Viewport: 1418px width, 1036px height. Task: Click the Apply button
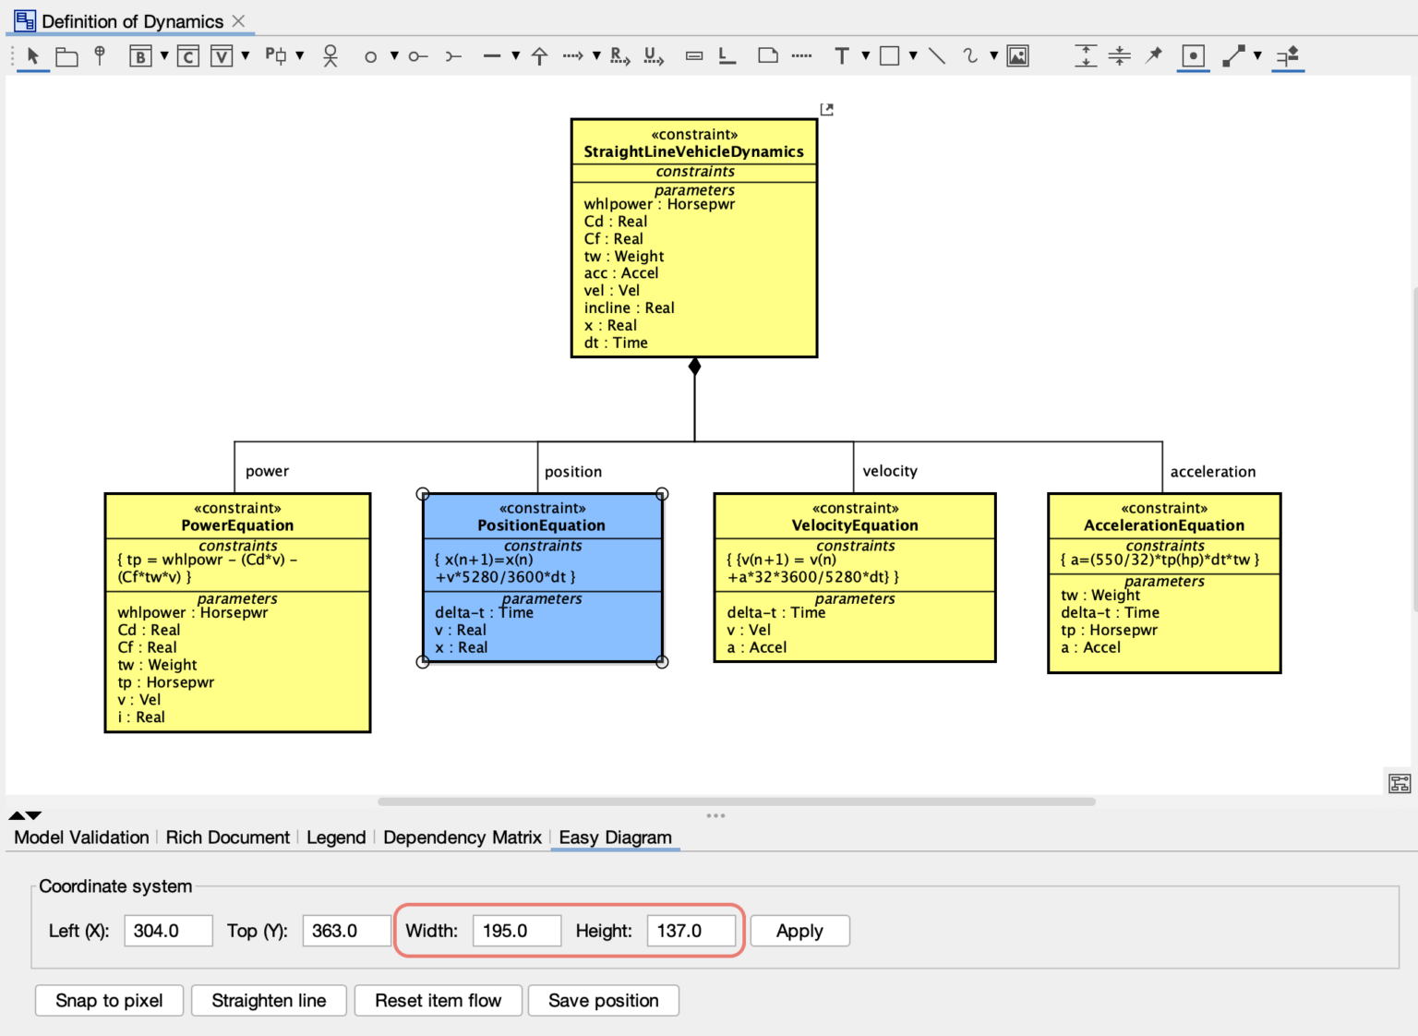tap(799, 931)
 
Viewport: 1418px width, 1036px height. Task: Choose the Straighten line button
tap(269, 1000)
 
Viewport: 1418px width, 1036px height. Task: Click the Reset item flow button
tap(438, 1000)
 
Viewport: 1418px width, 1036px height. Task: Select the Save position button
tap(603, 1000)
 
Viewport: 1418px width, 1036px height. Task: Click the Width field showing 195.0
tap(516, 931)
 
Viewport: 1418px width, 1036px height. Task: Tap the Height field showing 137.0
tap(691, 931)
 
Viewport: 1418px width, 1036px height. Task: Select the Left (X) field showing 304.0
tap(167, 931)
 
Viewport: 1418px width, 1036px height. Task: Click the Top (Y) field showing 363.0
tap(345, 931)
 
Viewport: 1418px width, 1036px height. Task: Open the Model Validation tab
tap(81, 837)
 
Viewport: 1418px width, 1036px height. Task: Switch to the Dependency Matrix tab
tap(462, 837)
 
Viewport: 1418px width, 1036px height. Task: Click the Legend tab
tap(336, 837)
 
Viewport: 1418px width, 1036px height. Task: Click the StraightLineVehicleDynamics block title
tap(693, 151)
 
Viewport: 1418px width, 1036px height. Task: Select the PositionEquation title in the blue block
tap(541, 525)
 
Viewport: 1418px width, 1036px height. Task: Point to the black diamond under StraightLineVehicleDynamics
tap(694, 367)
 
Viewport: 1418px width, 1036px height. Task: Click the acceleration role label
tap(1212, 472)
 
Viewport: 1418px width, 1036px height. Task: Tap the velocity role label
tap(890, 471)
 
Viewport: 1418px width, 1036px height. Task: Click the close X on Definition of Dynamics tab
tap(238, 20)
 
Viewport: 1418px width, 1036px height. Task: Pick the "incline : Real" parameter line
tap(629, 308)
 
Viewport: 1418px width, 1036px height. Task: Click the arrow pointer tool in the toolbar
tap(33, 56)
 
